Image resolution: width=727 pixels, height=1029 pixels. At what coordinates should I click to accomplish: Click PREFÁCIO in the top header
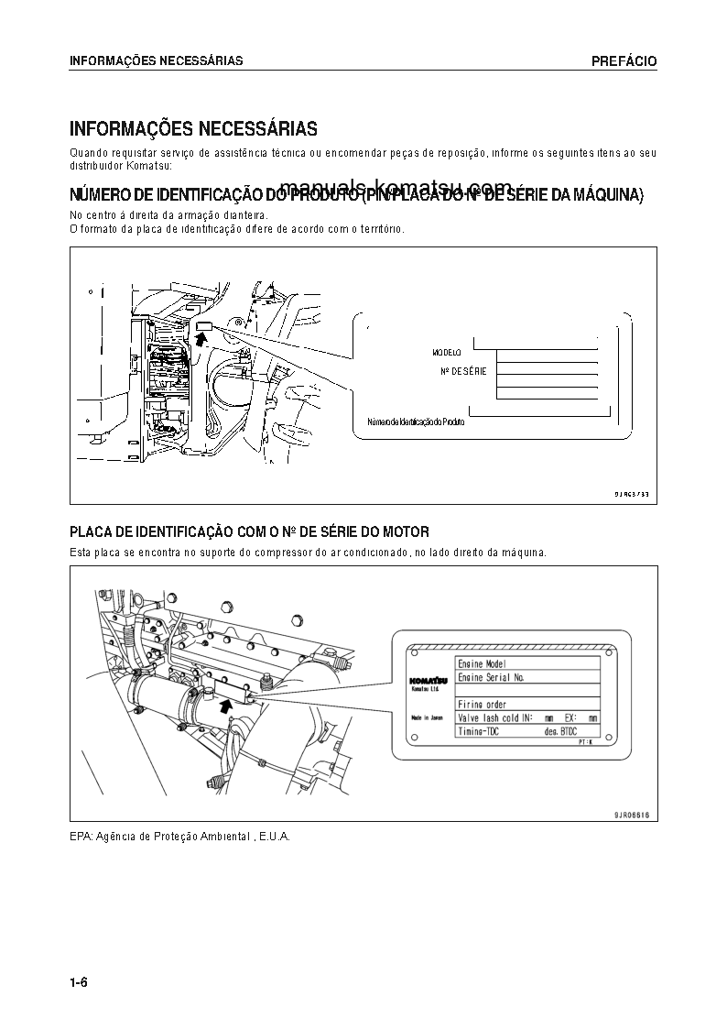coord(624,61)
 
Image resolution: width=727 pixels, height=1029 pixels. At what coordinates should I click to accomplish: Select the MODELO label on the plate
coord(447,352)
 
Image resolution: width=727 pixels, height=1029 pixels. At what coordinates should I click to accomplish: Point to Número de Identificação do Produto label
coord(416,421)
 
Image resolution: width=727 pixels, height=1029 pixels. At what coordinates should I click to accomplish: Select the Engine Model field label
coord(482,663)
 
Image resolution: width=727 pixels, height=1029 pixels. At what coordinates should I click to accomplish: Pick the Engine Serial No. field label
coord(491,677)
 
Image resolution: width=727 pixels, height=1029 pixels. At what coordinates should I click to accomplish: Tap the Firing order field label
coord(483,705)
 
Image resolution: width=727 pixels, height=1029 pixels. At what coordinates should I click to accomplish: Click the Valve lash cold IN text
coord(495,718)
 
